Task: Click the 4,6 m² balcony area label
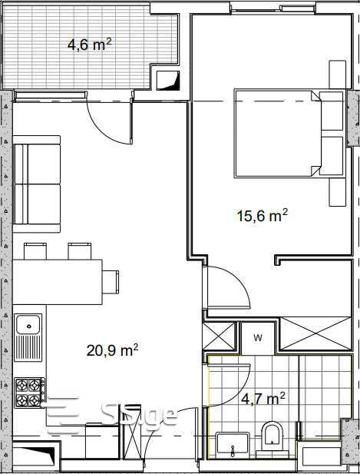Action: point(89,45)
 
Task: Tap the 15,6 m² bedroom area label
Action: point(263,216)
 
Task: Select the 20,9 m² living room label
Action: point(112,350)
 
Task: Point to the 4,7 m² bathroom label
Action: point(263,399)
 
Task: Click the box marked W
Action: point(258,338)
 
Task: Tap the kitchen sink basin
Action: point(28,324)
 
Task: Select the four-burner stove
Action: point(29,393)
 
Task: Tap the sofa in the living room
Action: point(37,184)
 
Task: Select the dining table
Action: point(58,282)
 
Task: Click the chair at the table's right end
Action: point(111,282)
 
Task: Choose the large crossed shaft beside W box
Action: point(315,333)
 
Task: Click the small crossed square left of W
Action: point(218,336)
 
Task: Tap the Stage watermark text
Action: point(139,415)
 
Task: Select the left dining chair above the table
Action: point(35,251)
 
